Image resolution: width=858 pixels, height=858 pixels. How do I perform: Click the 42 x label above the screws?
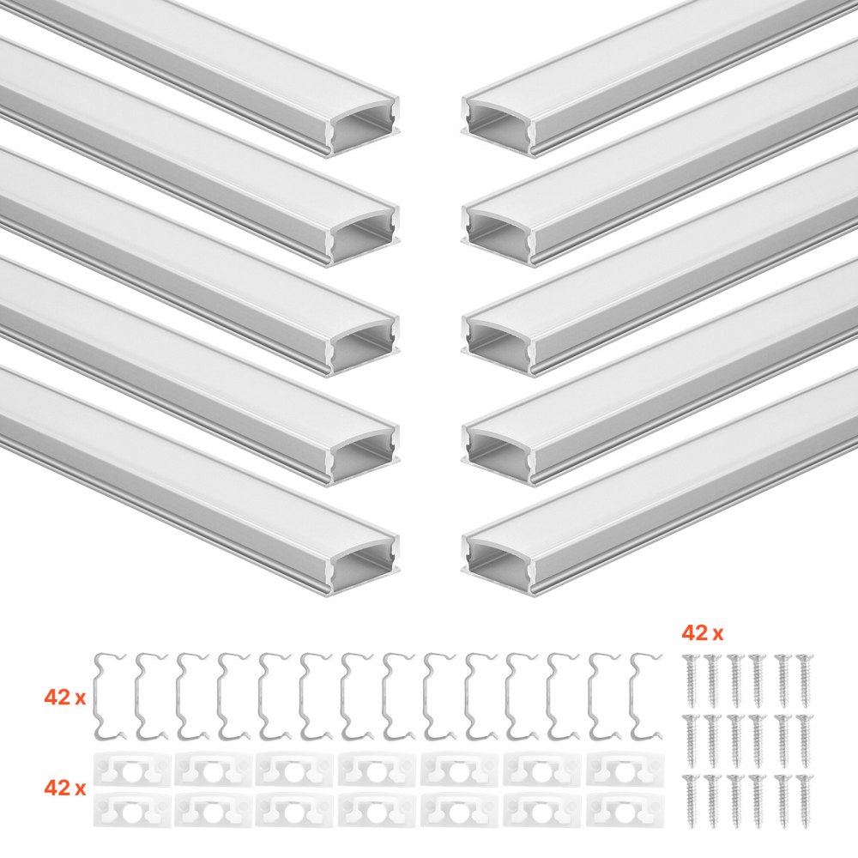(702, 634)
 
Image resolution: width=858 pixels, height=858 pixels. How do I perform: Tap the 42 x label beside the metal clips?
(65, 698)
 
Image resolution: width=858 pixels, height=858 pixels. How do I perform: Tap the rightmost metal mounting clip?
(649, 695)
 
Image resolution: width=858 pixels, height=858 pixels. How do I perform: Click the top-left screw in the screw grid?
(690, 678)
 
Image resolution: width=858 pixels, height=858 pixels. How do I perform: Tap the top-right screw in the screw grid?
(804, 678)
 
